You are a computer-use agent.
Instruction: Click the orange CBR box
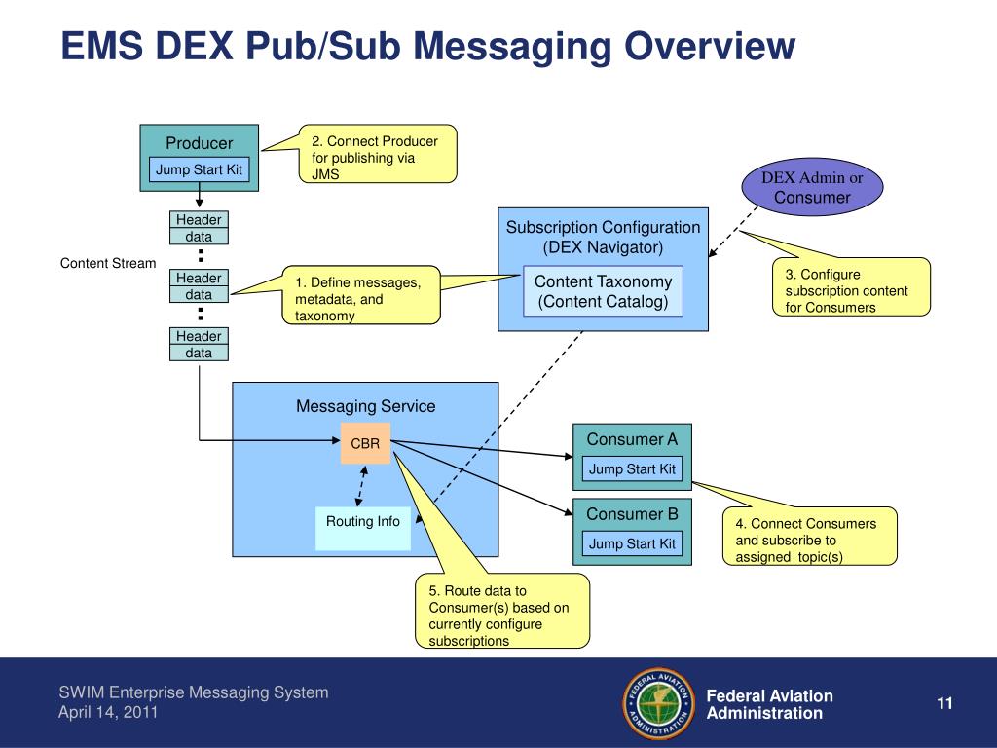coord(365,443)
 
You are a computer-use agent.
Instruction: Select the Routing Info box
coord(363,529)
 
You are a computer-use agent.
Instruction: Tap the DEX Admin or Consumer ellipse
coord(812,187)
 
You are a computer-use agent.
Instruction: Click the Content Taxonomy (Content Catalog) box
coord(603,291)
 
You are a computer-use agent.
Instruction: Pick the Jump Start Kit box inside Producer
coord(199,169)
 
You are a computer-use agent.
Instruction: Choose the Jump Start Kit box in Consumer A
coord(632,468)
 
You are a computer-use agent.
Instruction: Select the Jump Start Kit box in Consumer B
coord(632,543)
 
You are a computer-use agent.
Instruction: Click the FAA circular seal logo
coord(659,703)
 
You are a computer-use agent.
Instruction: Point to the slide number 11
coord(944,703)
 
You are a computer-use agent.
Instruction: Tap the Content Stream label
coord(108,263)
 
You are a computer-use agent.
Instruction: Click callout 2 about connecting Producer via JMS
coord(378,154)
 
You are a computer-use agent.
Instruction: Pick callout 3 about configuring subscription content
coord(851,287)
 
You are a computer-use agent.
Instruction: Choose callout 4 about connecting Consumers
coord(809,537)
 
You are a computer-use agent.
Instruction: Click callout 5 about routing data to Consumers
coord(501,612)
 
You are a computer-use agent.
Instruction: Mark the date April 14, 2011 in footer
coord(108,712)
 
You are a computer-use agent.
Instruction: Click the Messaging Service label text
coord(366,406)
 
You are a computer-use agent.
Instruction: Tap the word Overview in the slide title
coord(709,46)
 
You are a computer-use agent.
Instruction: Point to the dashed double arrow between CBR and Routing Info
coord(361,486)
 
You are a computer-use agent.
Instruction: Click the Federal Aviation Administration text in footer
coord(769,704)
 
